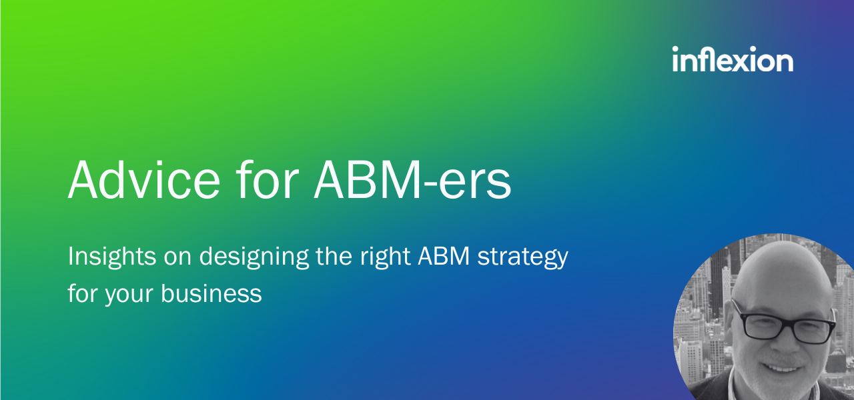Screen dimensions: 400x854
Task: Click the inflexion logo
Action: click(733, 60)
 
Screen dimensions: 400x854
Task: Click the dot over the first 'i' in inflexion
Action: click(676, 49)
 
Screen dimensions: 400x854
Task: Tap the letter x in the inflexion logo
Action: click(740, 62)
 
